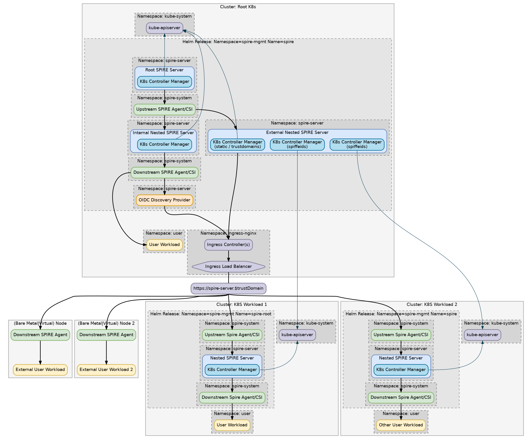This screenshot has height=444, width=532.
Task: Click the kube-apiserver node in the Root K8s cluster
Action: (164, 28)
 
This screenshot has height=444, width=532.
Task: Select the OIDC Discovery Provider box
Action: (164, 200)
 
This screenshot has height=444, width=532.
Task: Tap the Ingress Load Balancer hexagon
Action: (228, 266)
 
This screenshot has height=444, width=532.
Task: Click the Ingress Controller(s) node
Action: (228, 245)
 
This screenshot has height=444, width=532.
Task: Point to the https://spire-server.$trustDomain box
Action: (228, 288)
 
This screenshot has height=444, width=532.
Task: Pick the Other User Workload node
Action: (401, 425)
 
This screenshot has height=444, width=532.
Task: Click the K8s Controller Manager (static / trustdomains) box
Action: (237, 144)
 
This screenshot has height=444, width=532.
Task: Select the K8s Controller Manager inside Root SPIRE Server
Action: (164, 82)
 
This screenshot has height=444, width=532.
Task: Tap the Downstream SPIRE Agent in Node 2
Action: (106, 335)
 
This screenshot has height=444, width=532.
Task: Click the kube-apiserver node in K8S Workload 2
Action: (482, 335)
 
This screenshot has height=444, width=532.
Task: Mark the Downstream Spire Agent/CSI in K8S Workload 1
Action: (232, 397)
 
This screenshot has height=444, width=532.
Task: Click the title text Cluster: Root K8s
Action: (238, 7)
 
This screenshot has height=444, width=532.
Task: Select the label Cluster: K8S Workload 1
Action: (242, 304)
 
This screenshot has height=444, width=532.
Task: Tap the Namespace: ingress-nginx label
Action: (228, 233)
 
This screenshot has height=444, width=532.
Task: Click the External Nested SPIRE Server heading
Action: (297, 132)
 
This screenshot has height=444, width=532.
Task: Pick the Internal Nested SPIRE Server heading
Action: (163, 133)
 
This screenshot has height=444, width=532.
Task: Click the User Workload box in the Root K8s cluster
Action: (164, 245)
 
